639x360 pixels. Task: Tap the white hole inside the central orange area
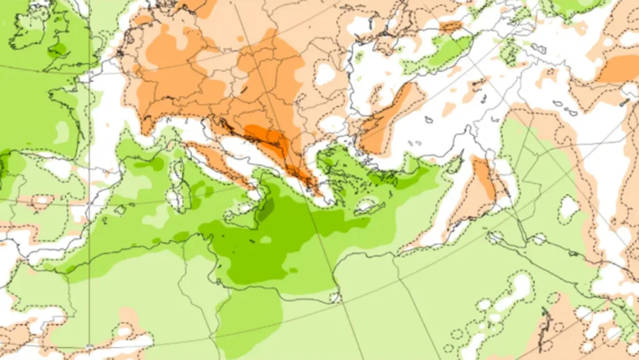click(x=325, y=74)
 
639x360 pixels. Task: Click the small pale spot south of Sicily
click(x=266, y=240)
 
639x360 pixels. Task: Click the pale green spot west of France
click(x=62, y=132)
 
